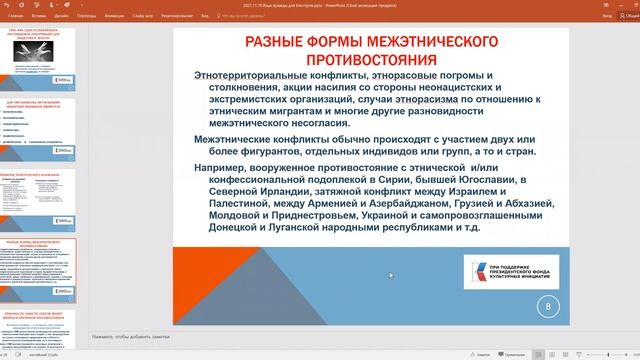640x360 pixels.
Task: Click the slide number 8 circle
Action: point(548,309)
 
